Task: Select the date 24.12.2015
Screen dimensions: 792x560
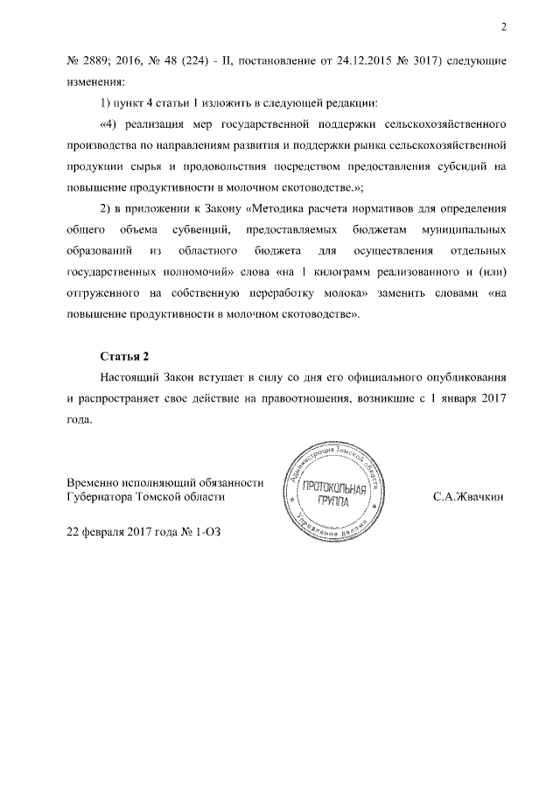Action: click(x=329, y=63)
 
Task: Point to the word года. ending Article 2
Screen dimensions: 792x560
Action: click(x=80, y=418)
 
